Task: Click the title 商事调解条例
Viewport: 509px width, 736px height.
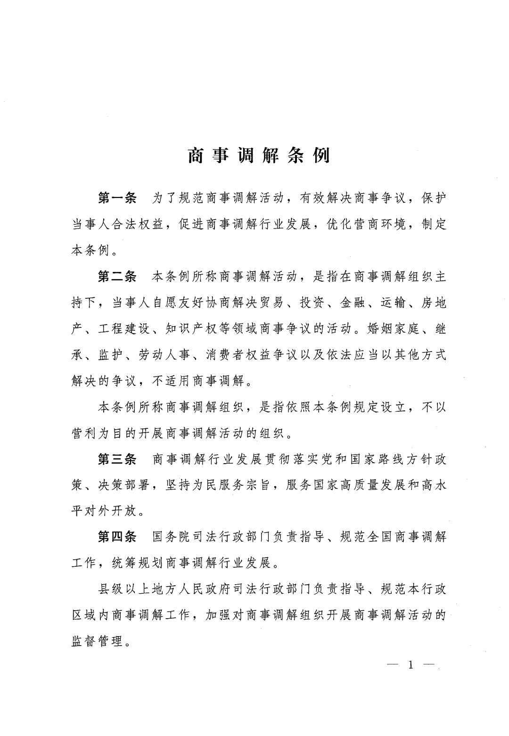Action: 259,156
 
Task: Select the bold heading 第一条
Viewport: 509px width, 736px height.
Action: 117,198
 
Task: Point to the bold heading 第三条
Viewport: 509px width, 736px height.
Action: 117,459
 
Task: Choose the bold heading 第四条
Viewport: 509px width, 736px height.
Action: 117,537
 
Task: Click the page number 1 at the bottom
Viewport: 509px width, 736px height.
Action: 410,665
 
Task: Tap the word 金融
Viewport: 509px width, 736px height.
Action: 352,303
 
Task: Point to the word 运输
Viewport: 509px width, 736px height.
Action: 392,303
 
